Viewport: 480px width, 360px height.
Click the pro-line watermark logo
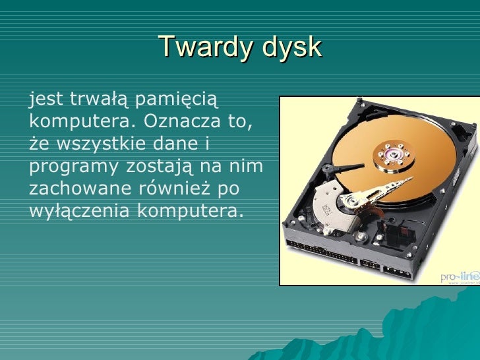point(460,276)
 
